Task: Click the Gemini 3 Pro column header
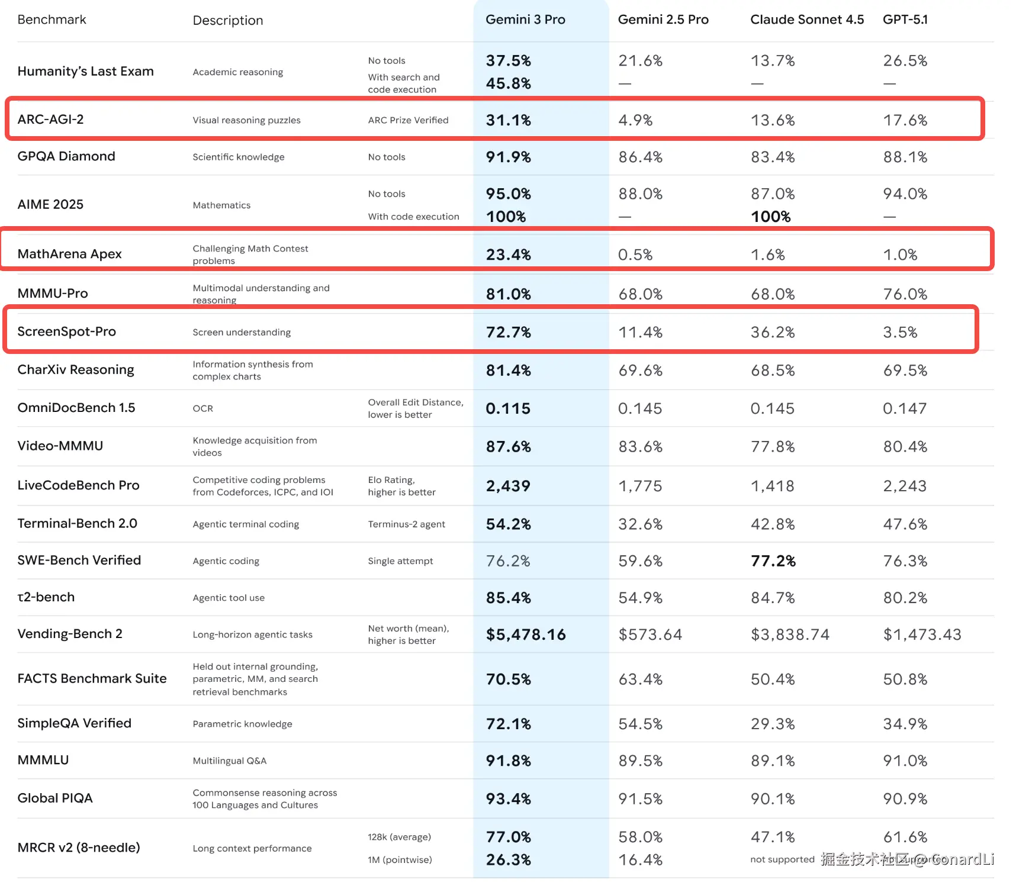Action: coord(525,20)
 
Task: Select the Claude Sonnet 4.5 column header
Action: coord(806,20)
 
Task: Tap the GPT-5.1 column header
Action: coord(905,20)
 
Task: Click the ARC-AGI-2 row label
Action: coord(51,120)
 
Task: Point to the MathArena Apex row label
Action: coord(69,254)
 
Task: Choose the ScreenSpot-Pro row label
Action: coord(66,331)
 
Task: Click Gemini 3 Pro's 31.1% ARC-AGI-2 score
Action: coord(508,120)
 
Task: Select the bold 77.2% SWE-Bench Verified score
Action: coord(773,561)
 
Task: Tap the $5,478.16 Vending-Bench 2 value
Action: coord(526,634)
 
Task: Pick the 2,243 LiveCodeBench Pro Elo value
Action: coord(905,486)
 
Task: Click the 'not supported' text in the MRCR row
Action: coord(782,859)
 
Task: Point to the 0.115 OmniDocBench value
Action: coord(508,408)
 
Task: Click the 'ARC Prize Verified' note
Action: coord(408,120)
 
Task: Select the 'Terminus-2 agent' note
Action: coord(406,524)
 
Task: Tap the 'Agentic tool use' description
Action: coord(229,598)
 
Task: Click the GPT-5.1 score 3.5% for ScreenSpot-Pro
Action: coord(900,332)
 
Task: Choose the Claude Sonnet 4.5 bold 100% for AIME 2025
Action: coord(770,217)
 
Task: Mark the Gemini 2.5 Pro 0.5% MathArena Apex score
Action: coord(635,255)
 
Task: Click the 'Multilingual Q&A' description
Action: coord(229,761)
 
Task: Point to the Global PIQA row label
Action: coord(55,798)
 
